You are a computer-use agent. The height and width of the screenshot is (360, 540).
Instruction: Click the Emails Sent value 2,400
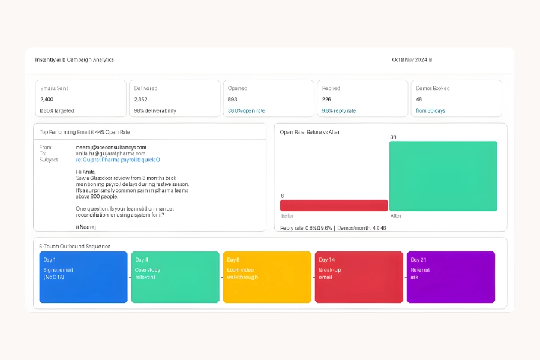click(47, 100)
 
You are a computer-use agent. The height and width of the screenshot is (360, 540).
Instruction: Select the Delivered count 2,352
click(141, 100)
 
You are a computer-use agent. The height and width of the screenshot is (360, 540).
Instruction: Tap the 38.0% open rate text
click(247, 111)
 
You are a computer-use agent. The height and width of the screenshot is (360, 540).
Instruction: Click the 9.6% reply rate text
click(339, 111)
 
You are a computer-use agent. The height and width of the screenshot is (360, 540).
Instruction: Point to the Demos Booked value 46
click(419, 100)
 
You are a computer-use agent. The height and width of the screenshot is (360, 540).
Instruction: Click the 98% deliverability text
click(155, 111)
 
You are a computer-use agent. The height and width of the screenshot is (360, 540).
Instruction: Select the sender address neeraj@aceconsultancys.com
click(111, 148)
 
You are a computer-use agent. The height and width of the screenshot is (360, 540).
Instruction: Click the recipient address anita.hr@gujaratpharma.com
click(110, 154)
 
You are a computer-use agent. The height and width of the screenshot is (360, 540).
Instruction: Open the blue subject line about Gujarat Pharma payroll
click(118, 160)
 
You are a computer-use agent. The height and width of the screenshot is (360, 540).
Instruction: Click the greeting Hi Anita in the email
click(86, 172)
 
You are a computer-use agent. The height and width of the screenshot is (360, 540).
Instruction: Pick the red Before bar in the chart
click(334, 205)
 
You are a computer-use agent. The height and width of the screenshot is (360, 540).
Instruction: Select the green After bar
click(443, 176)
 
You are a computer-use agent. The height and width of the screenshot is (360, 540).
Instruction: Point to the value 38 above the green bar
click(393, 137)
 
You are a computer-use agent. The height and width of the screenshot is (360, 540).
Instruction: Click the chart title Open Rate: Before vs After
click(310, 132)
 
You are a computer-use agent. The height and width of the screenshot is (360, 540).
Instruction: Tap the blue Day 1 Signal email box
click(83, 277)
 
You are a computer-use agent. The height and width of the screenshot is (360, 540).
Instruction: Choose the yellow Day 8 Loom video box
click(267, 277)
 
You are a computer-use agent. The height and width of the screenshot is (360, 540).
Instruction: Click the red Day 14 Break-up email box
click(359, 277)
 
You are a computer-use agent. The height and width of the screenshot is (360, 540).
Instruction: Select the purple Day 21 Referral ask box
click(451, 277)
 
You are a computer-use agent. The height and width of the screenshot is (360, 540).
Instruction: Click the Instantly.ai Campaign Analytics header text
click(74, 60)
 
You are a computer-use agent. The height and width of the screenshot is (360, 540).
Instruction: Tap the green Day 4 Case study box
click(175, 277)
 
